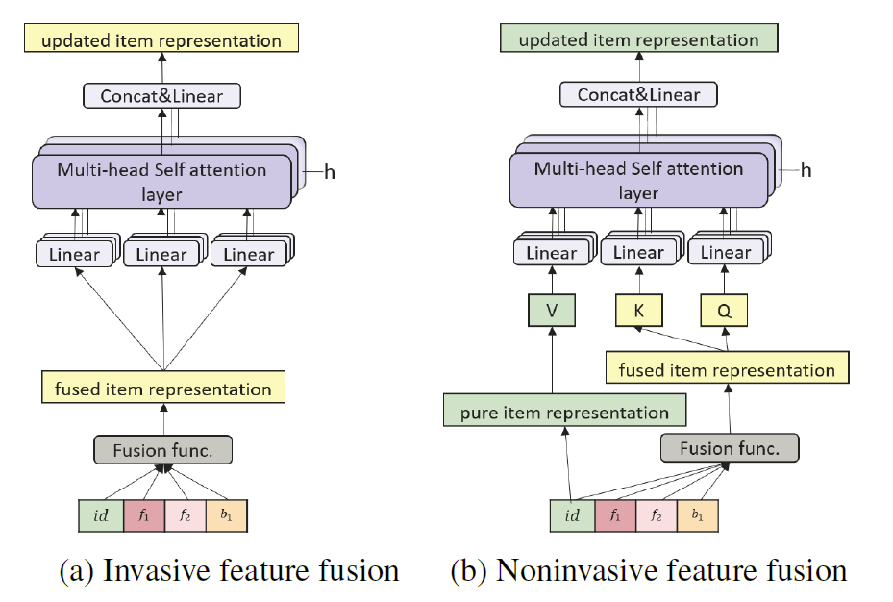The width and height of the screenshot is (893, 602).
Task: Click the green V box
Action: click(551, 311)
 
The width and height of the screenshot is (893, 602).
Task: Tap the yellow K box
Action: click(638, 311)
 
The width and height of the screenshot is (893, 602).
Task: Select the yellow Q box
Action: click(726, 311)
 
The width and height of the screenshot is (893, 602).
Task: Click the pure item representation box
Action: click(564, 413)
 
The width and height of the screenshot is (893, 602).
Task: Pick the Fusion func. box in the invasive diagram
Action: click(162, 450)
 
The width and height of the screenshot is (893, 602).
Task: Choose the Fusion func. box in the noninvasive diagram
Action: click(729, 448)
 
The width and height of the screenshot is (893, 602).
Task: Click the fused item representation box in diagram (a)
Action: click(162, 389)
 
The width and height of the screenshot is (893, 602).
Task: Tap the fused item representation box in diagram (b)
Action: click(727, 369)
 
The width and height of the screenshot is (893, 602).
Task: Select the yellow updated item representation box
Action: click(161, 40)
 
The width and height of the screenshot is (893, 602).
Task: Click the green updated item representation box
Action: click(638, 39)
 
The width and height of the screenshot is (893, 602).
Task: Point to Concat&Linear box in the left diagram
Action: click(161, 96)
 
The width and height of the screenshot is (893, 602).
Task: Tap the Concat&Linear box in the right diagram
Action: click(638, 94)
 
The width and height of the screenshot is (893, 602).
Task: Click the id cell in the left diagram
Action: click(100, 514)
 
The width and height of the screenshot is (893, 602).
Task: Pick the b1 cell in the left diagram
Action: click(226, 514)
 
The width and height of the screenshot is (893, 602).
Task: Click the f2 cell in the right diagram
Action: click(657, 515)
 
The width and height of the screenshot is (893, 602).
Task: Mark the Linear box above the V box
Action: click(550, 253)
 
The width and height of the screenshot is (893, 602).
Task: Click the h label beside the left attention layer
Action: click(329, 172)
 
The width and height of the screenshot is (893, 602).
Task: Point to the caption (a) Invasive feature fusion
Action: click(229, 570)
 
